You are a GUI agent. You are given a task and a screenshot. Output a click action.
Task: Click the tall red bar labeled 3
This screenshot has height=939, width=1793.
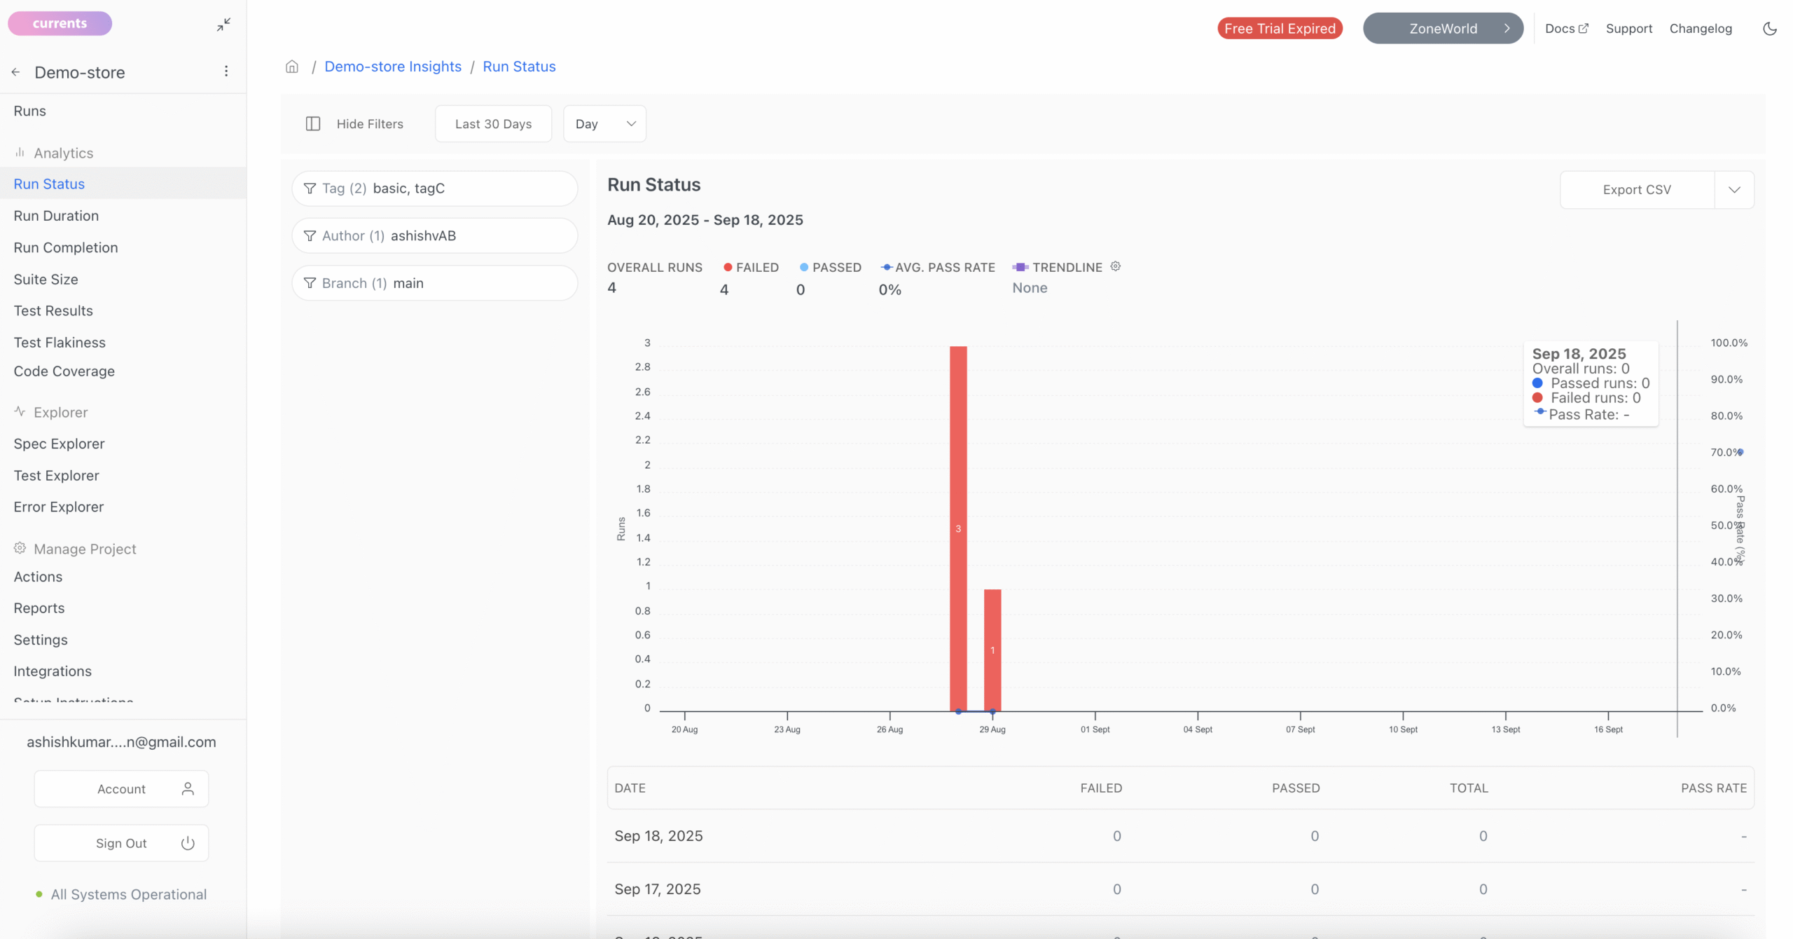pyautogui.click(x=958, y=528)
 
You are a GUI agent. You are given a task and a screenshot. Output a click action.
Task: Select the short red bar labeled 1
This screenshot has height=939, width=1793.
pyautogui.click(x=992, y=650)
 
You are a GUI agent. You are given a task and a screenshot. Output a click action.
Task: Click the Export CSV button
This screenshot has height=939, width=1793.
pyautogui.click(x=1636, y=190)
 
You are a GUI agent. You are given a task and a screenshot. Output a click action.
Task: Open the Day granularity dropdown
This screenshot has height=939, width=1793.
pyautogui.click(x=604, y=124)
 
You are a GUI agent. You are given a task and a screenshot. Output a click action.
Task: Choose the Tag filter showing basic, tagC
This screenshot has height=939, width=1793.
pyautogui.click(x=434, y=189)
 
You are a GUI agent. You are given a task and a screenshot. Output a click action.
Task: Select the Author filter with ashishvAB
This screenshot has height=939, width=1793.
pyautogui.click(x=434, y=236)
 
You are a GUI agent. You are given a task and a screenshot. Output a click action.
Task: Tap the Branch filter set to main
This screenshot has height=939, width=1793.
pyautogui.click(x=434, y=283)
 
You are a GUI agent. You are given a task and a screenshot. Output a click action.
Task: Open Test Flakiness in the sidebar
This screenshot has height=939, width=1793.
pyautogui.click(x=60, y=343)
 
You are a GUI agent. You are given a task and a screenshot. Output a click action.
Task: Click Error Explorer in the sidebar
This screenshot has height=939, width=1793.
pyautogui.click(x=59, y=507)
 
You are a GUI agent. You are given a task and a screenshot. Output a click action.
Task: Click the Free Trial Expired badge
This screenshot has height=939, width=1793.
pyautogui.click(x=1280, y=29)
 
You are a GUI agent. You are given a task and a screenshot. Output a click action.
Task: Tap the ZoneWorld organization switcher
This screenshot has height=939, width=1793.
pyautogui.click(x=1443, y=29)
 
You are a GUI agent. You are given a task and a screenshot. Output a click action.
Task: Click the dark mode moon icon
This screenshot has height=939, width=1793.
pyautogui.click(x=1770, y=29)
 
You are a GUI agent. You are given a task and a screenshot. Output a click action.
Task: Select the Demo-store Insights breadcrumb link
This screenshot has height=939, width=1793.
pyautogui.click(x=393, y=67)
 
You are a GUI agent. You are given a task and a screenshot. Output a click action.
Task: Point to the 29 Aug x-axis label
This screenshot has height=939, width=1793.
pyautogui.click(x=992, y=729)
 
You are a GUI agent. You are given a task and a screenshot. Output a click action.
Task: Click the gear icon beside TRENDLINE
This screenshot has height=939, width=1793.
pyautogui.click(x=1116, y=266)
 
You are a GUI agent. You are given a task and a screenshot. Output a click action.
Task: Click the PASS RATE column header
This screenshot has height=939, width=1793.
pyautogui.click(x=1713, y=788)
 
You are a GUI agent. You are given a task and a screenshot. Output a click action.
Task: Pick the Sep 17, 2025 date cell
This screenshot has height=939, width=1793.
pyautogui.click(x=658, y=889)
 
